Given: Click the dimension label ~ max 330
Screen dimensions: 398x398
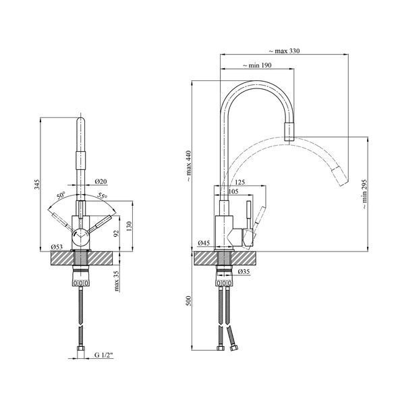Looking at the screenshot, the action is click(284, 51).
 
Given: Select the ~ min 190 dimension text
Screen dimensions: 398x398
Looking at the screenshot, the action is click(257, 65).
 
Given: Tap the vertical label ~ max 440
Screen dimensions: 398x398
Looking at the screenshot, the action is click(189, 166).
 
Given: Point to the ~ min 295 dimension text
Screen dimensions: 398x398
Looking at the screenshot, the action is click(364, 194).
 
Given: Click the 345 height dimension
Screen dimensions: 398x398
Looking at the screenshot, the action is click(37, 184).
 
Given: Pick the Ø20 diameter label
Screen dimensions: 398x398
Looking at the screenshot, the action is click(101, 181).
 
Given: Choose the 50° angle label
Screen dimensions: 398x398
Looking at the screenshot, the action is click(61, 195).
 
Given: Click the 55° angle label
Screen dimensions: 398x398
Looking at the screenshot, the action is click(103, 196).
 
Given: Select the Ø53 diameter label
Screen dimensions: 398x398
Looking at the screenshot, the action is click(57, 247).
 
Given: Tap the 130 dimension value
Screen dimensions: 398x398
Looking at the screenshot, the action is click(130, 226).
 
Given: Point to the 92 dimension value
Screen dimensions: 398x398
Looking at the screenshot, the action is click(116, 233).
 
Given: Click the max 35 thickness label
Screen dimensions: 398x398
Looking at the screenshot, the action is click(116, 281).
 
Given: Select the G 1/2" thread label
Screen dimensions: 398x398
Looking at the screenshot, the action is click(104, 355).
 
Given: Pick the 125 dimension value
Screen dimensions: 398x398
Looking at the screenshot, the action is click(240, 182).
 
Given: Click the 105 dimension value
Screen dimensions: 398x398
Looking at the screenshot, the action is click(233, 191).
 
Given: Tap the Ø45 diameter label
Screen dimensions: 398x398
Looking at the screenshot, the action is click(204, 243).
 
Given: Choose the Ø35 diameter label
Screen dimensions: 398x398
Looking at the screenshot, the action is click(244, 272).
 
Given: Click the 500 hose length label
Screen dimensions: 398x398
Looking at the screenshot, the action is click(189, 301).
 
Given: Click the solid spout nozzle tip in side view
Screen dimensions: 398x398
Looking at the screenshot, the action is click(289, 132).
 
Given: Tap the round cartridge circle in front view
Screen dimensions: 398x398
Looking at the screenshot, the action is click(80, 237).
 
